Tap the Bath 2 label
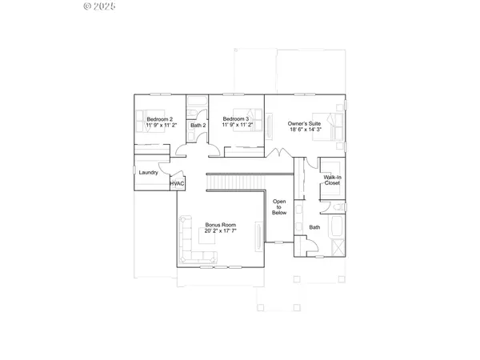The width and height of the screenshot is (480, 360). [x=198, y=126]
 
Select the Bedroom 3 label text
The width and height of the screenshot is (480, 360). [x=236, y=119]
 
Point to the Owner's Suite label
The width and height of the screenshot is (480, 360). [x=306, y=123]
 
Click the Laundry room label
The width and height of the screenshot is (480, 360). [x=148, y=173]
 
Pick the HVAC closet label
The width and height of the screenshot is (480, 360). [x=178, y=184]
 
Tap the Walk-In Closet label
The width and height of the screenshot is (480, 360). [x=332, y=180]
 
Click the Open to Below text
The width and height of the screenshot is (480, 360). [x=279, y=207]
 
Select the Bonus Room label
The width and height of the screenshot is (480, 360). [x=219, y=226]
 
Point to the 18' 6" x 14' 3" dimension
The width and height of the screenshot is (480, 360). [x=306, y=130]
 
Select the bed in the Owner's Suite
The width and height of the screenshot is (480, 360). [x=330, y=126]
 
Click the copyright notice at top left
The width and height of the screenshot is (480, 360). [x=100, y=6]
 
